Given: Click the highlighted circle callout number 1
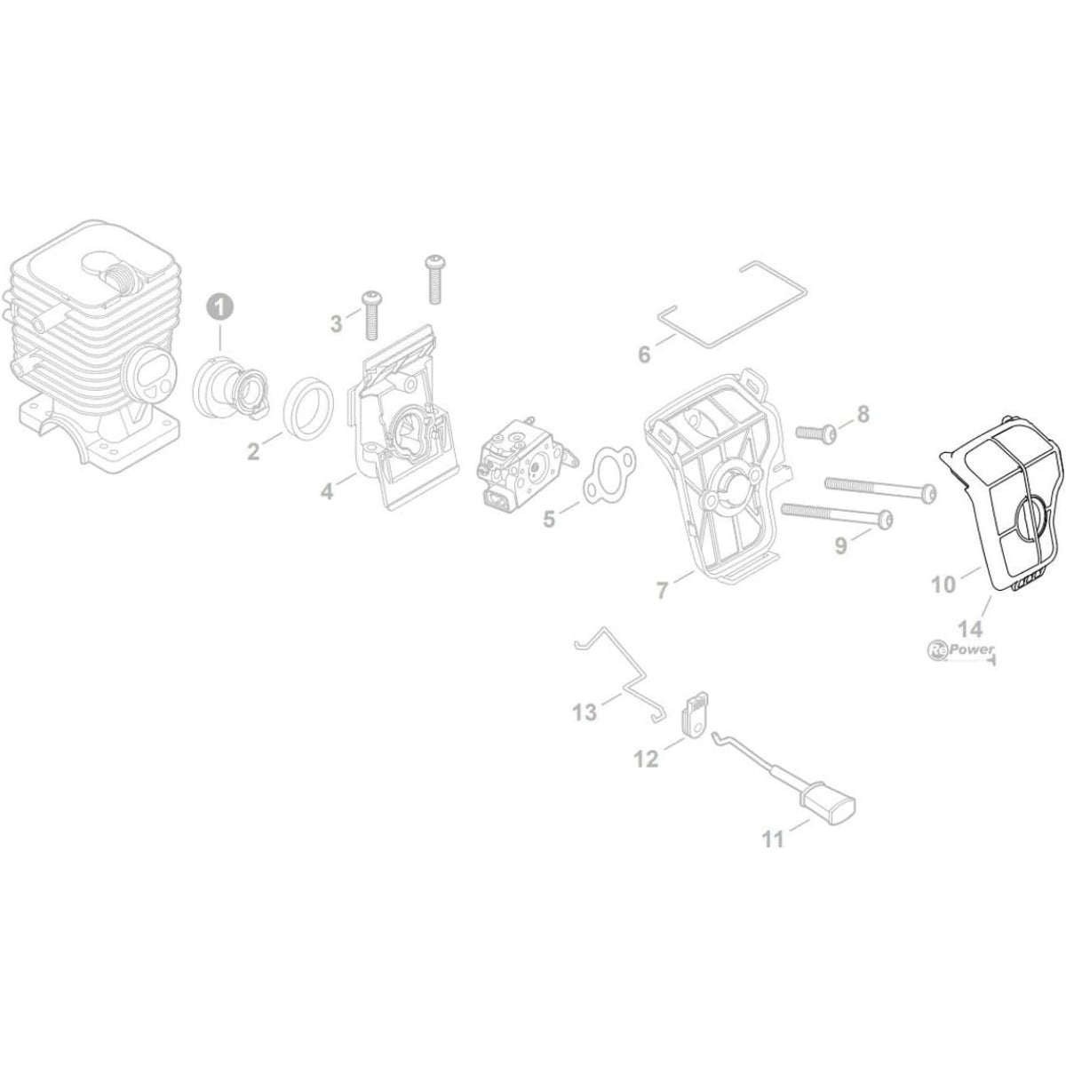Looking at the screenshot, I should pos(219,306).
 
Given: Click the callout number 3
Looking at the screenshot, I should pos(336,325).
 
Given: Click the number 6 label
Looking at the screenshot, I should pos(644,355).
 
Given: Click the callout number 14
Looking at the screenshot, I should pos(970,629).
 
